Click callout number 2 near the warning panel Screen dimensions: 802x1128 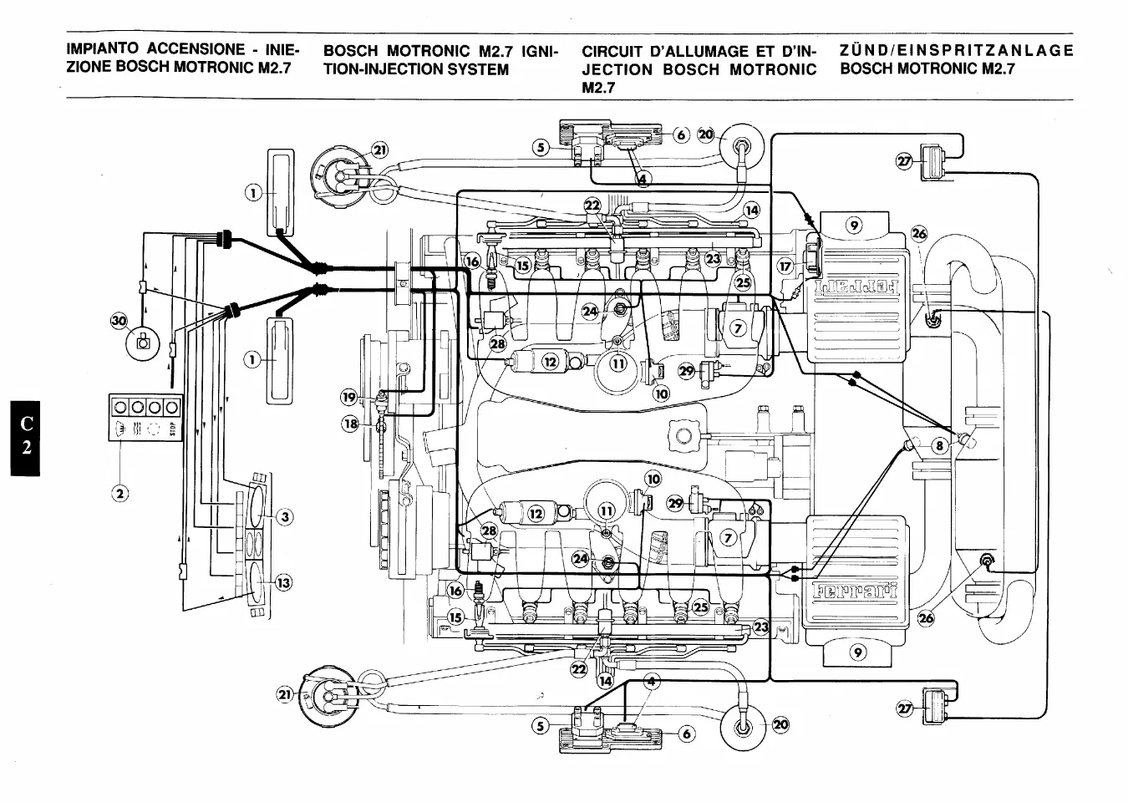click(120, 493)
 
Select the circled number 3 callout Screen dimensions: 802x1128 click(285, 517)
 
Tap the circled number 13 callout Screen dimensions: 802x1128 click(284, 583)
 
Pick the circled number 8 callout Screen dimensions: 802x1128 click(939, 446)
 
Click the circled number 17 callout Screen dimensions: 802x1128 click(785, 266)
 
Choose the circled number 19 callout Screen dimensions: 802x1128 click(349, 397)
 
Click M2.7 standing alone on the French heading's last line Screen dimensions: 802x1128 click(598, 88)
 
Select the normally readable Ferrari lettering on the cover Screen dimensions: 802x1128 click(855, 591)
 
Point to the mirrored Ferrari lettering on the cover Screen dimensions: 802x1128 click(857, 292)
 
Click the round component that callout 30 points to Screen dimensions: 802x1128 click(143, 342)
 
